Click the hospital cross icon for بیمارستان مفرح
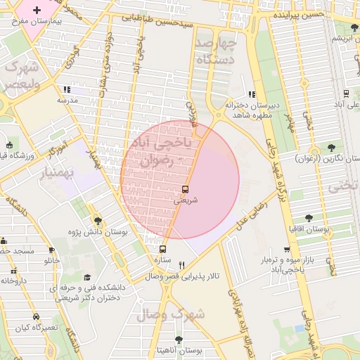pyautogui.click(x=37, y=11)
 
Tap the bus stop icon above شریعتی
pyautogui.click(x=185, y=189)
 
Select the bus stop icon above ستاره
pyautogui.click(x=163, y=249)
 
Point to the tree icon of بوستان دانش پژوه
pyautogui.click(x=97, y=221)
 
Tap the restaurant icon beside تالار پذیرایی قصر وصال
pyautogui.click(x=182, y=265)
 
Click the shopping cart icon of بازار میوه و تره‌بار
pyautogui.click(x=286, y=250)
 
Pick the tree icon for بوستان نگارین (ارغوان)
pyautogui.click(x=330, y=148)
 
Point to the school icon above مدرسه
pyautogui.click(x=67, y=90)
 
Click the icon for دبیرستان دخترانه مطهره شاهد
pyautogui.click(x=251, y=94)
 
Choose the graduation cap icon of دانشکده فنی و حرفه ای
pyautogui.click(x=87, y=277)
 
